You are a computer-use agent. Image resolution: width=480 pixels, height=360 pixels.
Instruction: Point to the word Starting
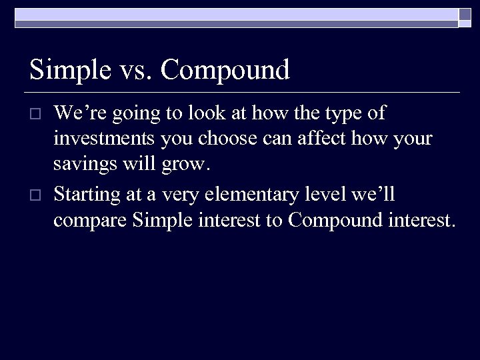point(87,195)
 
